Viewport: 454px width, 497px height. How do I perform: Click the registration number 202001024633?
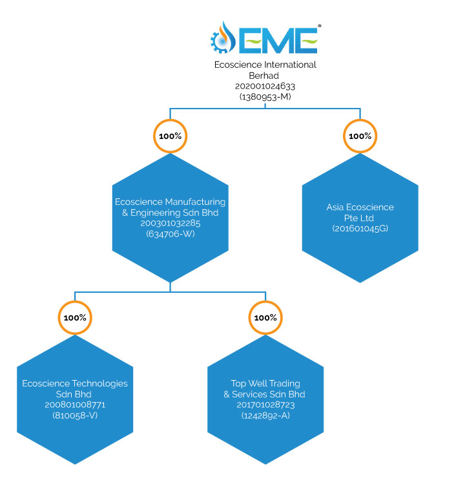pyautogui.click(x=265, y=85)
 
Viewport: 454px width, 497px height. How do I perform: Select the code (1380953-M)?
pyautogui.click(x=265, y=95)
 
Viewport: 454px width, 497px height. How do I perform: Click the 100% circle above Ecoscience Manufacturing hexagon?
pyautogui.click(x=170, y=136)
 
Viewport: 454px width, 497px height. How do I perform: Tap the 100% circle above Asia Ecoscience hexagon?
pyautogui.click(x=360, y=136)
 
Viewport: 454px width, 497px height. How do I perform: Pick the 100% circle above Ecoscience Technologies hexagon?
pyautogui.click(x=75, y=318)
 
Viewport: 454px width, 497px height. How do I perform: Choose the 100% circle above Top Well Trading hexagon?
pyautogui.click(x=265, y=318)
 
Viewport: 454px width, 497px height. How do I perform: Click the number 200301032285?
pyautogui.click(x=170, y=224)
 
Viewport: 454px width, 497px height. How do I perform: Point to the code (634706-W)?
pyautogui.click(x=170, y=234)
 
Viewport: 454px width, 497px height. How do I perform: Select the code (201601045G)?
pyautogui.click(x=360, y=229)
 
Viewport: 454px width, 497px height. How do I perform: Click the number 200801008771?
pyautogui.click(x=75, y=405)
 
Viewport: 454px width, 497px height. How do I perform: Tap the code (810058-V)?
pyautogui.click(x=75, y=415)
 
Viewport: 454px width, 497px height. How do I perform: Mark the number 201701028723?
pyautogui.click(x=265, y=405)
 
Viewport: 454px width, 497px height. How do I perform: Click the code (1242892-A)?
pyautogui.click(x=265, y=415)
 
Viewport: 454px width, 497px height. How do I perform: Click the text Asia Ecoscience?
pyautogui.click(x=360, y=207)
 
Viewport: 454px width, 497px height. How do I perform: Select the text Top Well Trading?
pyautogui.click(x=265, y=383)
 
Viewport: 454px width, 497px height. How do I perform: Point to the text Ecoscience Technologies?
pyautogui.click(x=75, y=383)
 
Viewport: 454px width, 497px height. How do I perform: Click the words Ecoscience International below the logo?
pyautogui.click(x=265, y=65)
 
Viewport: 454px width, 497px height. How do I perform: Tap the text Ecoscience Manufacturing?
pyautogui.click(x=170, y=202)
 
